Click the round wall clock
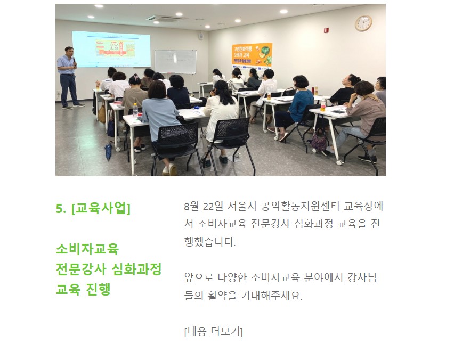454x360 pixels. pos(363,23)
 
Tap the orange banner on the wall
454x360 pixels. pos(252,55)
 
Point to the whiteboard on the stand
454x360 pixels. pos(175,62)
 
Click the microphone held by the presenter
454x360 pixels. pos(74,61)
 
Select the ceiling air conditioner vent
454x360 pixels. pos(164,18)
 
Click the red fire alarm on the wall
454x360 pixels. pos(327,29)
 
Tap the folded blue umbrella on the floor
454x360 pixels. pos(108,151)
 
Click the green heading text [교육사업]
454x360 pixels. pos(101,208)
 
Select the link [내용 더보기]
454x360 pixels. pos(213,331)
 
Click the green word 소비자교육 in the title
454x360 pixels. pos(87,249)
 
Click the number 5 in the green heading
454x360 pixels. pos(59,209)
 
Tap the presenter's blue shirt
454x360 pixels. pos(66,64)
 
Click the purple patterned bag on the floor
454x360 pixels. pos(319,143)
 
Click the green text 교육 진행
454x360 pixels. pos(83,289)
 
